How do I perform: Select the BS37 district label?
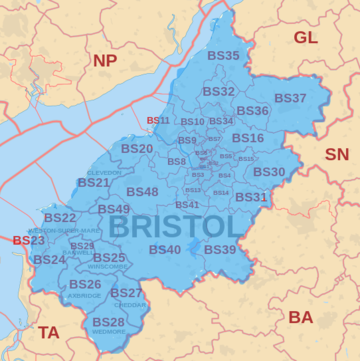click(x=290, y=98)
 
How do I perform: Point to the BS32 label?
click(x=218, y=91)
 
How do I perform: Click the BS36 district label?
click(x=252, y=111)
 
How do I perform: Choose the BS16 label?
click(x=248, y=138)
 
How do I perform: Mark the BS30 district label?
click(x=269, y=172)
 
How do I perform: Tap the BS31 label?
click(x=251, y=197)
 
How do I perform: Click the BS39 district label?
click(x=220, y=249)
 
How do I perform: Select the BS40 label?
click(x=165, y=249)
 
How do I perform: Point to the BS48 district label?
click(x=142, y=191)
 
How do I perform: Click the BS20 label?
click(x=137, y=149)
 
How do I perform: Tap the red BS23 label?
click(x=28, y=240)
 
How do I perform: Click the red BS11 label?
click(x=158, y=121)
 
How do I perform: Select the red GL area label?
click(x=305, y=38)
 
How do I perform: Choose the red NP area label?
click(x=105, y=61)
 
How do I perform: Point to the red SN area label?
click(x=337, y=155)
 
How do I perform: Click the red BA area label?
click(x=300, y=317)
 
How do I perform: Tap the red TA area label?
click(x=49, y=331)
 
